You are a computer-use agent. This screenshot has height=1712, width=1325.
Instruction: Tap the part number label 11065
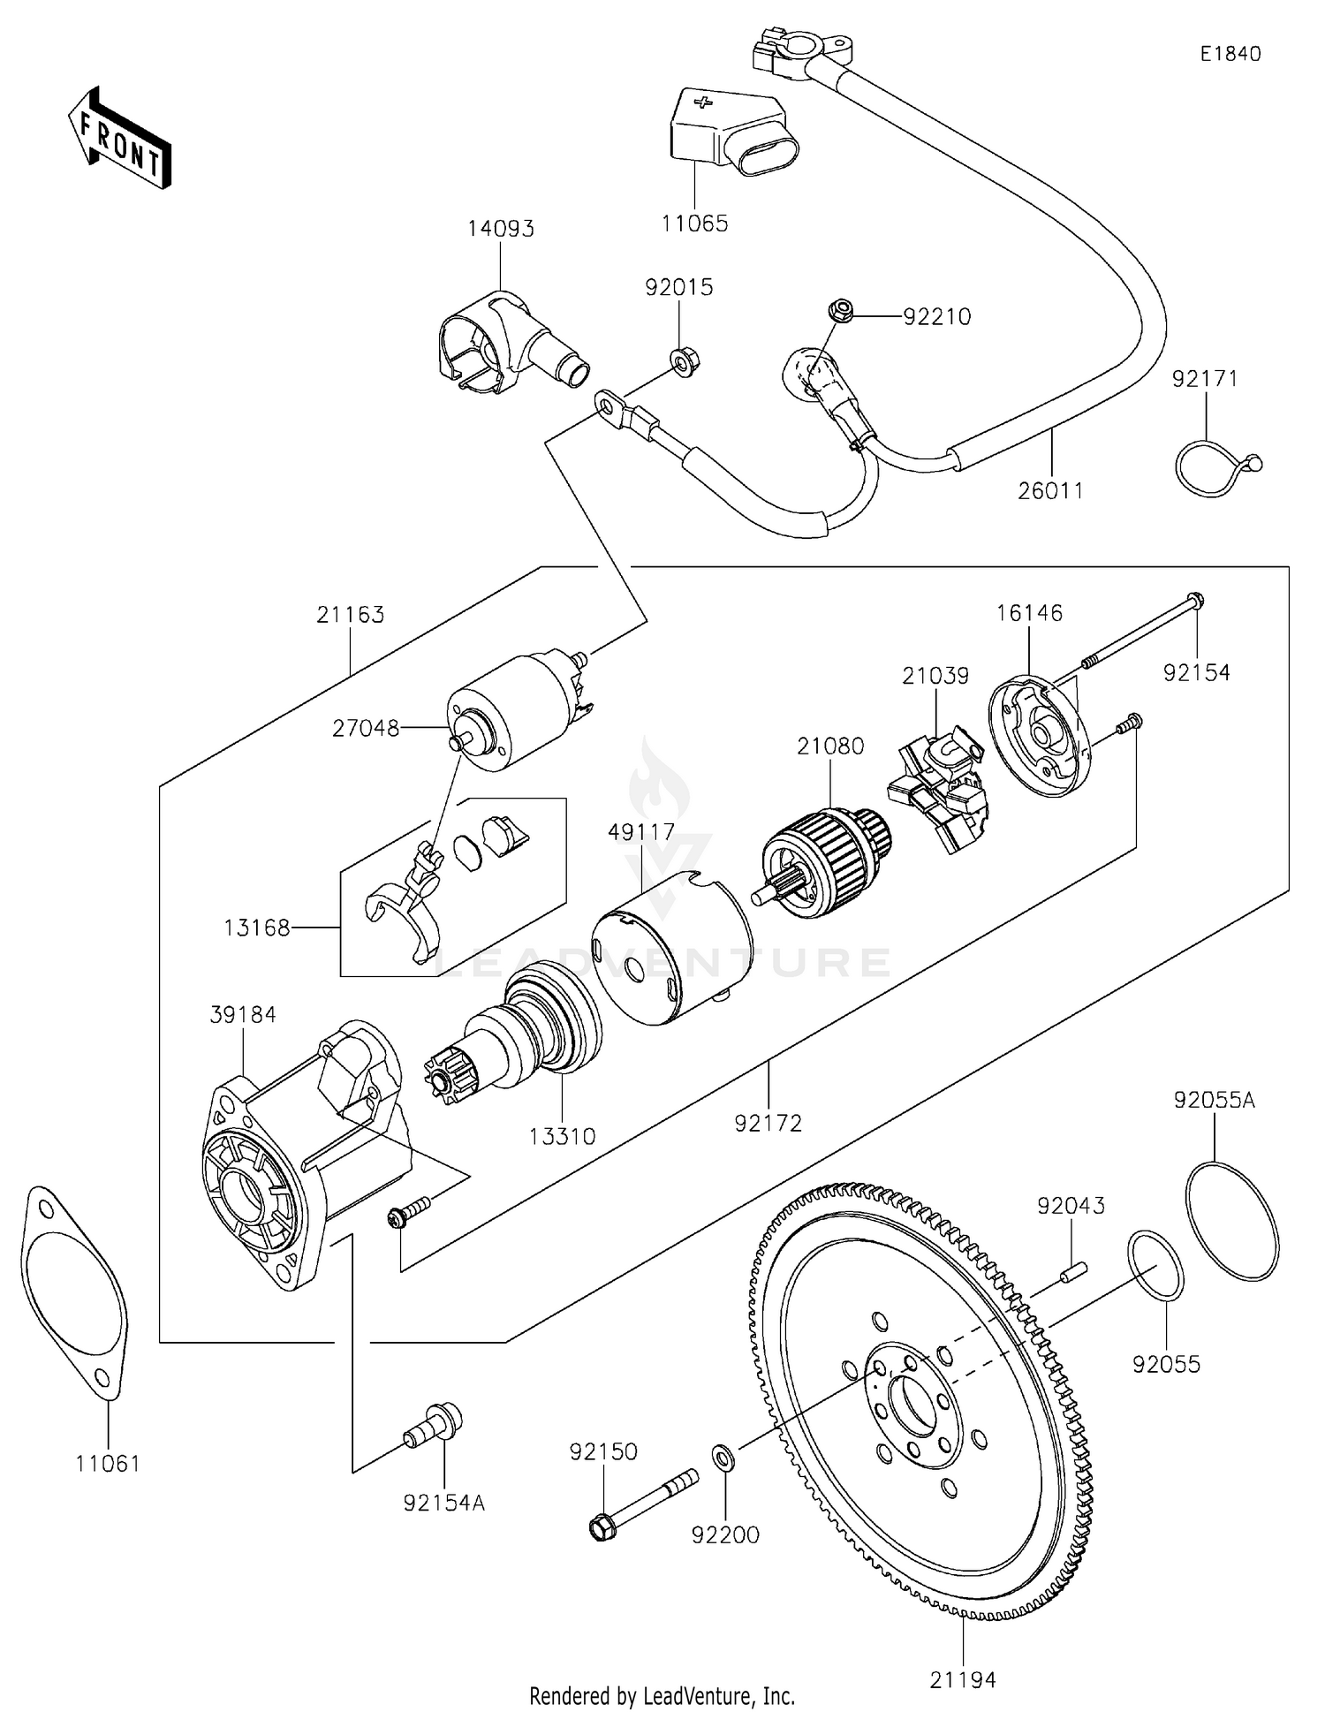point(695,223)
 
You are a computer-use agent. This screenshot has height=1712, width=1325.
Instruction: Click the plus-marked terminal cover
point(731,131)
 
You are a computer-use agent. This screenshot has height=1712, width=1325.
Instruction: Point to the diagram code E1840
point(1230,54)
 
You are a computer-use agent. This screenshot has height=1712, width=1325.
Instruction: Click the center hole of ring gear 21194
point(911,1405)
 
